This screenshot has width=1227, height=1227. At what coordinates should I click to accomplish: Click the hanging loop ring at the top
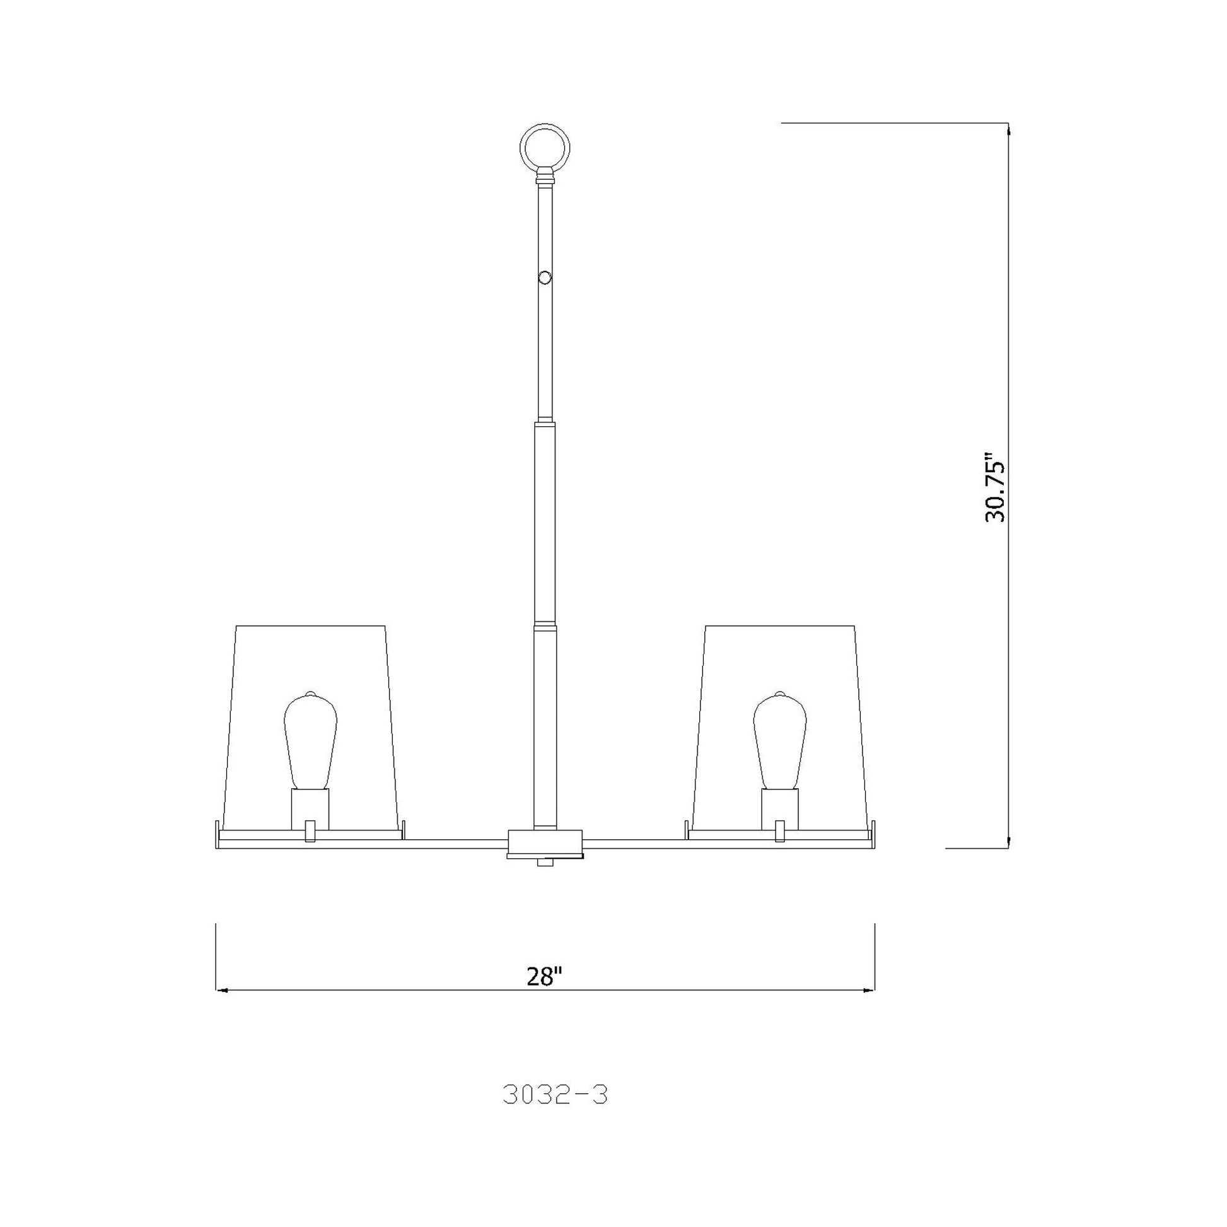pos(544,148)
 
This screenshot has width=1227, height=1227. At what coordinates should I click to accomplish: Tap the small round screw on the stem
pos(544,277)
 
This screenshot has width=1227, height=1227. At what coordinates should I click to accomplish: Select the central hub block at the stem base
pos(545,843)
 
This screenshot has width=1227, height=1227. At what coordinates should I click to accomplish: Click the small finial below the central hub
pos(545,863)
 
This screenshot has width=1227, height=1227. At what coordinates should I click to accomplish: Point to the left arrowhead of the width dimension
pos(221,989)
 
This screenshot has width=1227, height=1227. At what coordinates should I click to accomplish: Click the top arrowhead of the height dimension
pos(1009,127)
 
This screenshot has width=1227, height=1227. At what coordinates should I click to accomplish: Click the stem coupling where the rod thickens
pos(544,423)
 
